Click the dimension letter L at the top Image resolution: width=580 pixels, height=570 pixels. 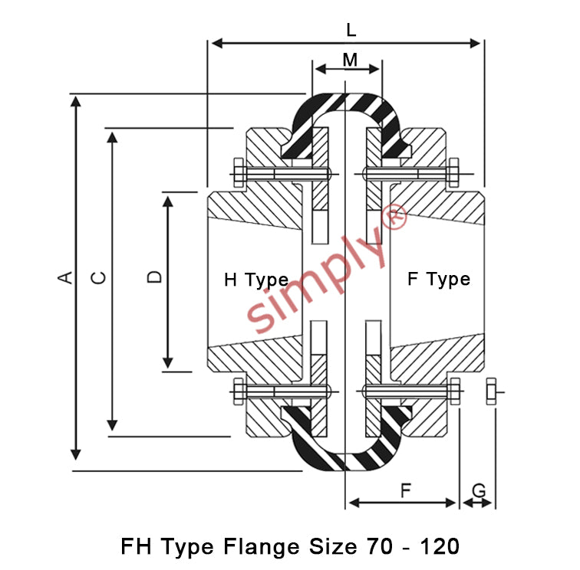tap(351, 30)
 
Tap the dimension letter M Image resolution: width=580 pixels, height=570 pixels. tap(350, 60)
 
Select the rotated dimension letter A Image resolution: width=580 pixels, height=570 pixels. tap(65, 277)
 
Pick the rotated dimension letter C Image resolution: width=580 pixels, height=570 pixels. tap(98, 277)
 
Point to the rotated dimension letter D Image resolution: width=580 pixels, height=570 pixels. tap(155, 277)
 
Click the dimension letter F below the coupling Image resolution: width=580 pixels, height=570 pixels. tap(406, 490)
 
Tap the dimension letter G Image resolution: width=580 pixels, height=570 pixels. tap(479, 491)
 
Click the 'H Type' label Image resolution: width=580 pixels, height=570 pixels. tap(256, 280)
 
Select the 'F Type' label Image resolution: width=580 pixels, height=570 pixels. tap(439, 280)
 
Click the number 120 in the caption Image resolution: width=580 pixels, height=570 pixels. tap(440, 546)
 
